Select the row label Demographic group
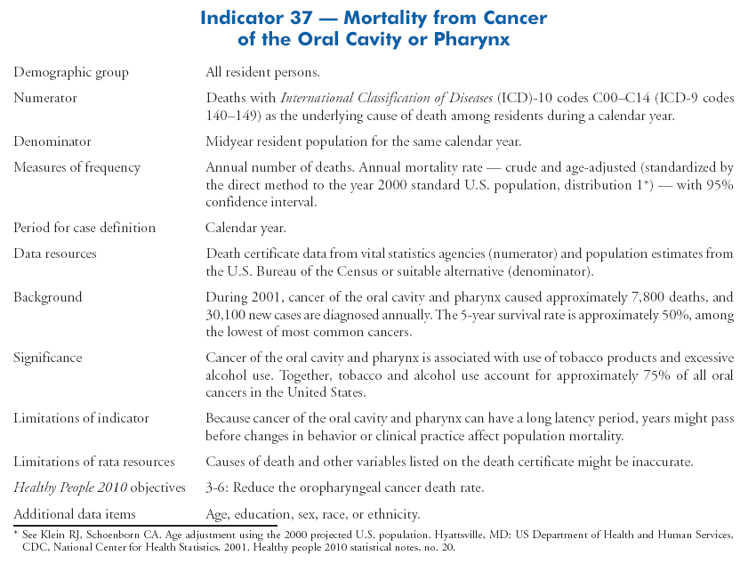click(x=71, y=72)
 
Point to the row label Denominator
click(x=52, y=141)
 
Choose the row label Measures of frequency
click(x=76, y=167)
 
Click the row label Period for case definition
click(x=84, y=228)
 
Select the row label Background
click(x=47, y=297)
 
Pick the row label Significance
click(x=47, y=358)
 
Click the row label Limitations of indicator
click(x=81, y=418)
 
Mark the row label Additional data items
click(x=75, y=514)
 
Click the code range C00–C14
click(x=559, y=98)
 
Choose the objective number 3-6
click(x=218, y=487)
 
